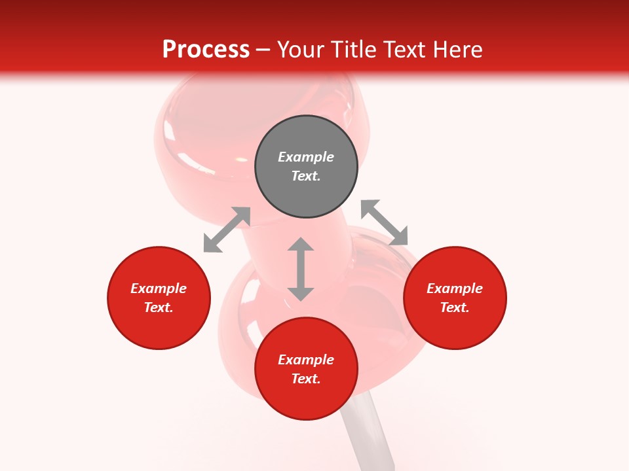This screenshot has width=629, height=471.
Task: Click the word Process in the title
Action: coord(206,49)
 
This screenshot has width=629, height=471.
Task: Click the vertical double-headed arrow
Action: coord(301,269)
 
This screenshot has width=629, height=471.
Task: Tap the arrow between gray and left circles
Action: coord(227,230)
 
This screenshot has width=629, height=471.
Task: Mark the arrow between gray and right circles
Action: coord(384,222)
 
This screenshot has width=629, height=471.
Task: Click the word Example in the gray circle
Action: coord(306,157)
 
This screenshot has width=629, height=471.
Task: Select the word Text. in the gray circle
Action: coord(306,176)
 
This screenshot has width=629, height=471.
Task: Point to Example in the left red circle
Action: coord(159,288)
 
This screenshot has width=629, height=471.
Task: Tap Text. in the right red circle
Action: coord(455,307)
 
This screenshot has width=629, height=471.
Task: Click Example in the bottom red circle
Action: coord(306,360)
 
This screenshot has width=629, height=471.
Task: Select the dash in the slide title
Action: coord(263,50)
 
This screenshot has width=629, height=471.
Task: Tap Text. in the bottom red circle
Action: coord(306,379)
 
